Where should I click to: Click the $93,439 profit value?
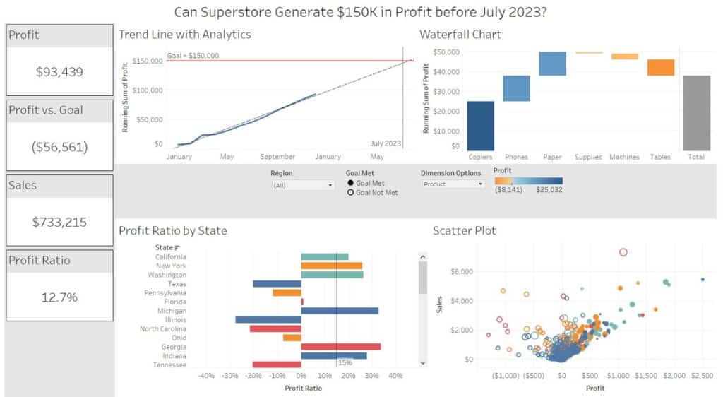[59, 71]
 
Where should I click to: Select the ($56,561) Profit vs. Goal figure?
[59, 146]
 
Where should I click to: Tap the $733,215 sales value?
[59, 222]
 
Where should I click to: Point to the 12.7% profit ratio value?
[59, 297]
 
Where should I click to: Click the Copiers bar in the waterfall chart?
[480, 126]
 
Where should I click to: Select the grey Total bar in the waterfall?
[697, 113]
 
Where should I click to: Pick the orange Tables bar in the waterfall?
[661, 67]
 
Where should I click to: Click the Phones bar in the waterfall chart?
[517, 88]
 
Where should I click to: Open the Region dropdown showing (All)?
[303, 185]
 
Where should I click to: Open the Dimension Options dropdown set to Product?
[453, 184]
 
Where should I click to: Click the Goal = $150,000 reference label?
[193, 56]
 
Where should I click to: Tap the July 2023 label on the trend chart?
[386, 143]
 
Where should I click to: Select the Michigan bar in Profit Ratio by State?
[340, 311]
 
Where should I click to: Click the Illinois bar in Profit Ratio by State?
[268, 320]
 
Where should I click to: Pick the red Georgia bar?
[340, 347]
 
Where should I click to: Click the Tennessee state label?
[169, 365]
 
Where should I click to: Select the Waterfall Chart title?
[460, 34]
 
